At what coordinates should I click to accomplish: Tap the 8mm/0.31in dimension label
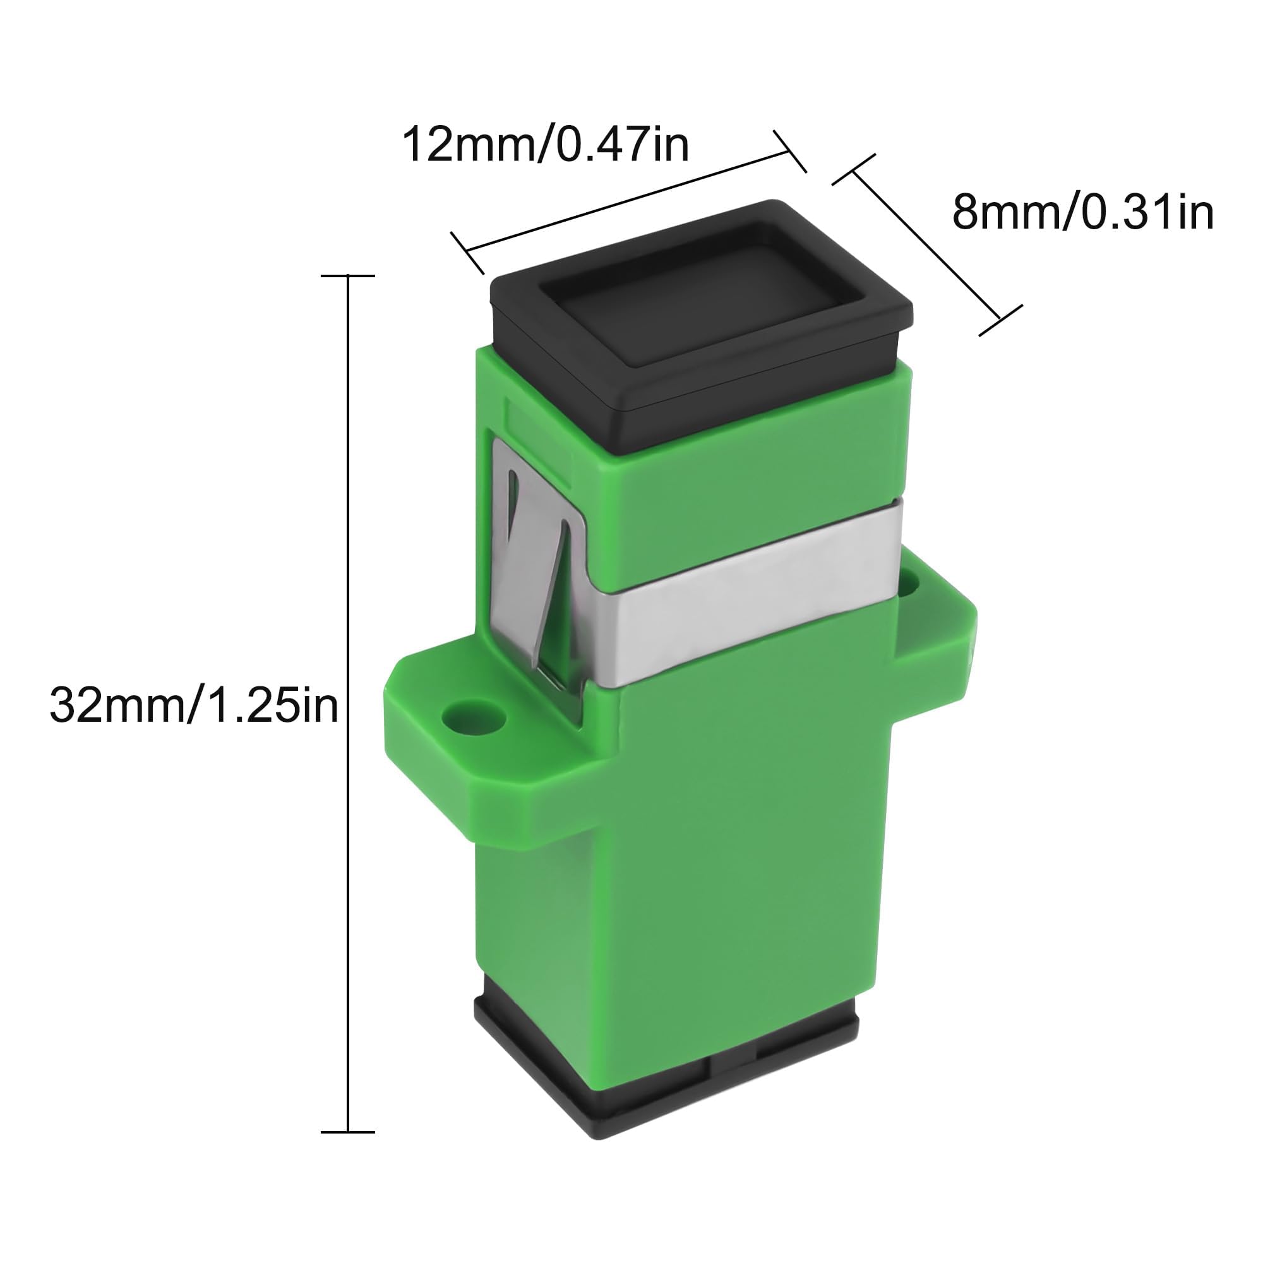click(x=1082, y=212)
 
